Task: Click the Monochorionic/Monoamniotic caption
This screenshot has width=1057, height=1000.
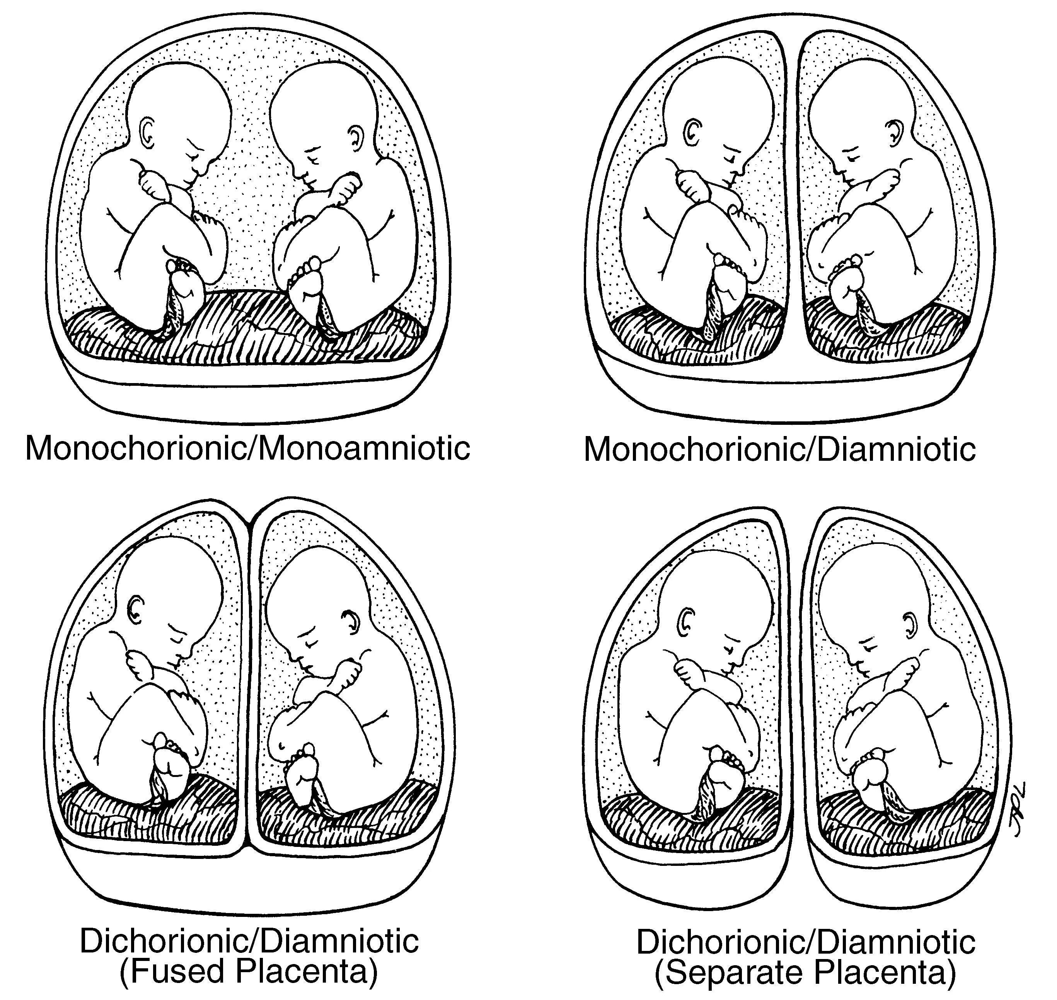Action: (247, 449)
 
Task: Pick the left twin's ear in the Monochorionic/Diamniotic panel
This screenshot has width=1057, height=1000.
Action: (693, 131)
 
